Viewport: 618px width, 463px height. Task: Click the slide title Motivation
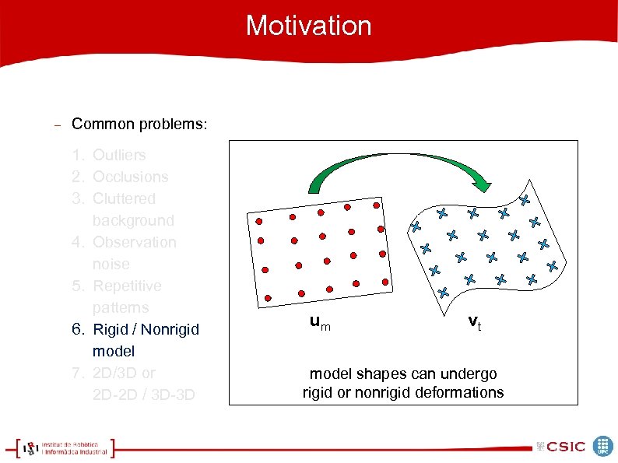[308, 26]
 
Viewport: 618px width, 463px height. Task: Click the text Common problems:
[139, 125]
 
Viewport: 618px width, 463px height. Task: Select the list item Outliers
[119, 155]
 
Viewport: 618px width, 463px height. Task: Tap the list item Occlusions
[130, 177]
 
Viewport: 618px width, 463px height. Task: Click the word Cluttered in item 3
[124, 198]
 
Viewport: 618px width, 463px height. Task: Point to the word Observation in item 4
[134, 242]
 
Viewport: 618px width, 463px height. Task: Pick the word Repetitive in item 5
[127, 286]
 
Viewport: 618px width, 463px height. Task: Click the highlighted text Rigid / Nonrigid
[146, 329]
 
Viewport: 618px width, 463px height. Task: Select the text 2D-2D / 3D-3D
[144, 395]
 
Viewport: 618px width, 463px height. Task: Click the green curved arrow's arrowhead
[483, 182]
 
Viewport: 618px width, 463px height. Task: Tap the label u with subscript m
[319, 322]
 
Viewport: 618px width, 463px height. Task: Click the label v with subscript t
[474, 322]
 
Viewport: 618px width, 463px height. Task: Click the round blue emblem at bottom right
[603, 446]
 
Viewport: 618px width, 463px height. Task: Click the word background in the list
[133, 220]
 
